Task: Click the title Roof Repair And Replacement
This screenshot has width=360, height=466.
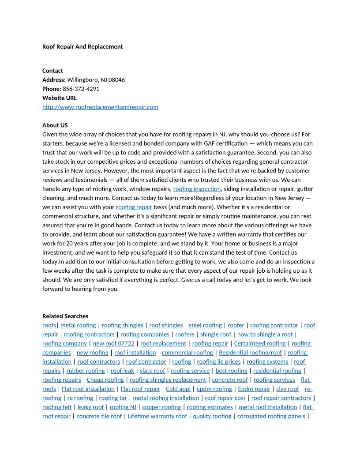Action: click(x=82, y=46)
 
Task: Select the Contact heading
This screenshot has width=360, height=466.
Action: click(x=52, y=71)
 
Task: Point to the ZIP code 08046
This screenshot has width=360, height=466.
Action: click(x=116, y=80)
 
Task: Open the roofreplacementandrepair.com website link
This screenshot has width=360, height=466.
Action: click(x=100, y=107)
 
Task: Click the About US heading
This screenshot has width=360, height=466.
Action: click(x=55, y=125)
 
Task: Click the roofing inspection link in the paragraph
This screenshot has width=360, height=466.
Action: click(x=197, y=189)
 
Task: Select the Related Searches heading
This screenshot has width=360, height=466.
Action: click(x=65, y=316)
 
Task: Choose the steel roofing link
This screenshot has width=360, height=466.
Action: click(x=205, y=325)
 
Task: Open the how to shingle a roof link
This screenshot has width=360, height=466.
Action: click(x=265, y=334)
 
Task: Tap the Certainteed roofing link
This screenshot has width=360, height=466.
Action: click(x=259, y=343)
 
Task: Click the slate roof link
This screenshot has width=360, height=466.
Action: click(x=152, y=371)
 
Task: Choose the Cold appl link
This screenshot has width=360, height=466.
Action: click(x=178, y=389)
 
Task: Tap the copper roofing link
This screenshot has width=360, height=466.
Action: click(x=161, y=407)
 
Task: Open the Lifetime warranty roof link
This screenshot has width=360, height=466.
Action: click(x=157, y=416)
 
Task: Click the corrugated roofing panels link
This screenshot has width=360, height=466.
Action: click(x=271, y=416)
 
